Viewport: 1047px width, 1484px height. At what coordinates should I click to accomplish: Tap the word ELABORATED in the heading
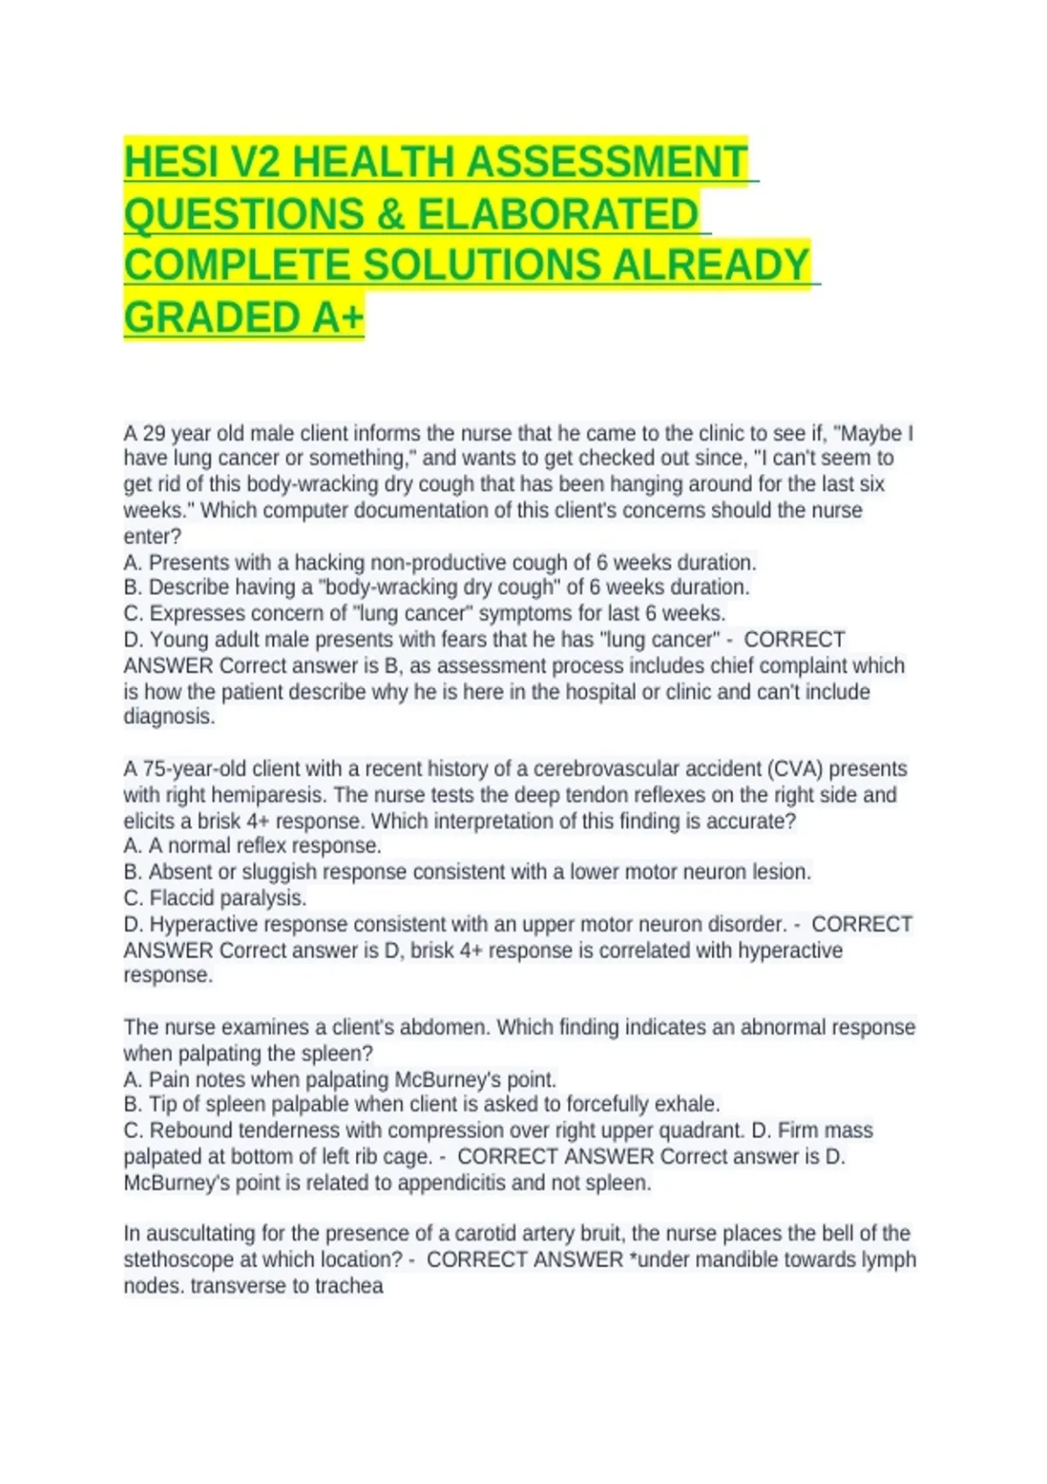[x=558, y=215]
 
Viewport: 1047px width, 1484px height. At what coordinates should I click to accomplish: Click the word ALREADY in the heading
[x=711, y=265]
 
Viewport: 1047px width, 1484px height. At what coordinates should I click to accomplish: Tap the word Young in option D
[x=178, y=640]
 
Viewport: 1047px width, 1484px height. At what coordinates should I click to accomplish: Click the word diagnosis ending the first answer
[x=168, y=717]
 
